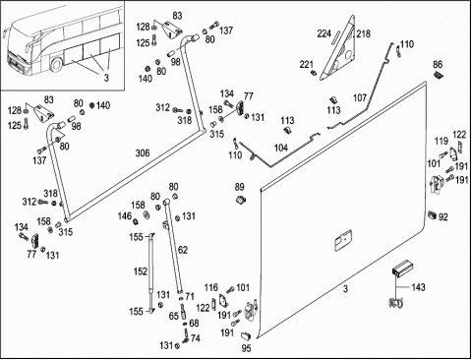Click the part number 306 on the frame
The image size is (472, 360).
click(x=143, y=153)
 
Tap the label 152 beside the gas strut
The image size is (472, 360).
click(x=141, y=271)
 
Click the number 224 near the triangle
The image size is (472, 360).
click(x=324, y=33)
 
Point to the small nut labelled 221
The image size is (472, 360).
click(x=314, y=73)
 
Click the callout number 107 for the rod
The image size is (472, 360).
click(x=360, y=97)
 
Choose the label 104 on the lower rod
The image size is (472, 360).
click(x=281, y=148)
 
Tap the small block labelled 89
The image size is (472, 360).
click(x=241, y=199)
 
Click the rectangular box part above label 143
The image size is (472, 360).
click(x=403, y=269)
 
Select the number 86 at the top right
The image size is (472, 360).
click(x=438, y=64)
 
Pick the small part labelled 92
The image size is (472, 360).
click(x=432, y=215)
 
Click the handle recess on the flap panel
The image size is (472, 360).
click(x=343, y=240)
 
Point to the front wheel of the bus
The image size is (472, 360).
click(x=56, y=65)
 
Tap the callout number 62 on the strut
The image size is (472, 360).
click(x=183, y=250)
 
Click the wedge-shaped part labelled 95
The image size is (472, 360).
click(x=246, y=335)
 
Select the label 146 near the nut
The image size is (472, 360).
click(x=125, y=216)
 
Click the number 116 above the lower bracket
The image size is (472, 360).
click(x=210, y=287)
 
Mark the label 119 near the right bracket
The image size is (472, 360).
click(x=442, y=141)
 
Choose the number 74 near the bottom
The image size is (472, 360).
click(x=195, y=338)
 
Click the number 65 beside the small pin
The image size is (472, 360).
click(x=173, y=316)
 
